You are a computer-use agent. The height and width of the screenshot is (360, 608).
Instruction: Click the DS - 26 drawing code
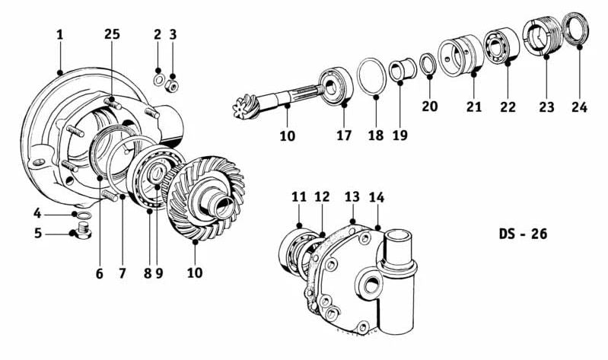[x=523, y=234]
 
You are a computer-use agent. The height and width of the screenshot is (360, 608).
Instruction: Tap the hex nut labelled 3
[x=172, y=85]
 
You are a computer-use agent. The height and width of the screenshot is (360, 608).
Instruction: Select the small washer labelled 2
[x=158, y=81]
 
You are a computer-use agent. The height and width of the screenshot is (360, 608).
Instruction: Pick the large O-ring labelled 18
[x=371, y=76]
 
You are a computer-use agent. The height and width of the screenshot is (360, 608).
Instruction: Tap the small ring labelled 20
[x=428, y=64]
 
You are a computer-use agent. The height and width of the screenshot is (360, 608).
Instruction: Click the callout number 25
[x=112, y=34]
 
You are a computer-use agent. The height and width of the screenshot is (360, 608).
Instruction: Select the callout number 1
[x=59, y=34]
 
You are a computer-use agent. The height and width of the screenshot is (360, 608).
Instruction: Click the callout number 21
[x=473, y=107]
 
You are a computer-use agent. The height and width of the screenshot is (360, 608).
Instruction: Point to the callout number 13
[x=352, y=197]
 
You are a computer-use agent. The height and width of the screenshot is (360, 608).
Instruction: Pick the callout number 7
[x=123, y=273]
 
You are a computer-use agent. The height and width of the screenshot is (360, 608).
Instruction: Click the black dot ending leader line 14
[x=378, y=228]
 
